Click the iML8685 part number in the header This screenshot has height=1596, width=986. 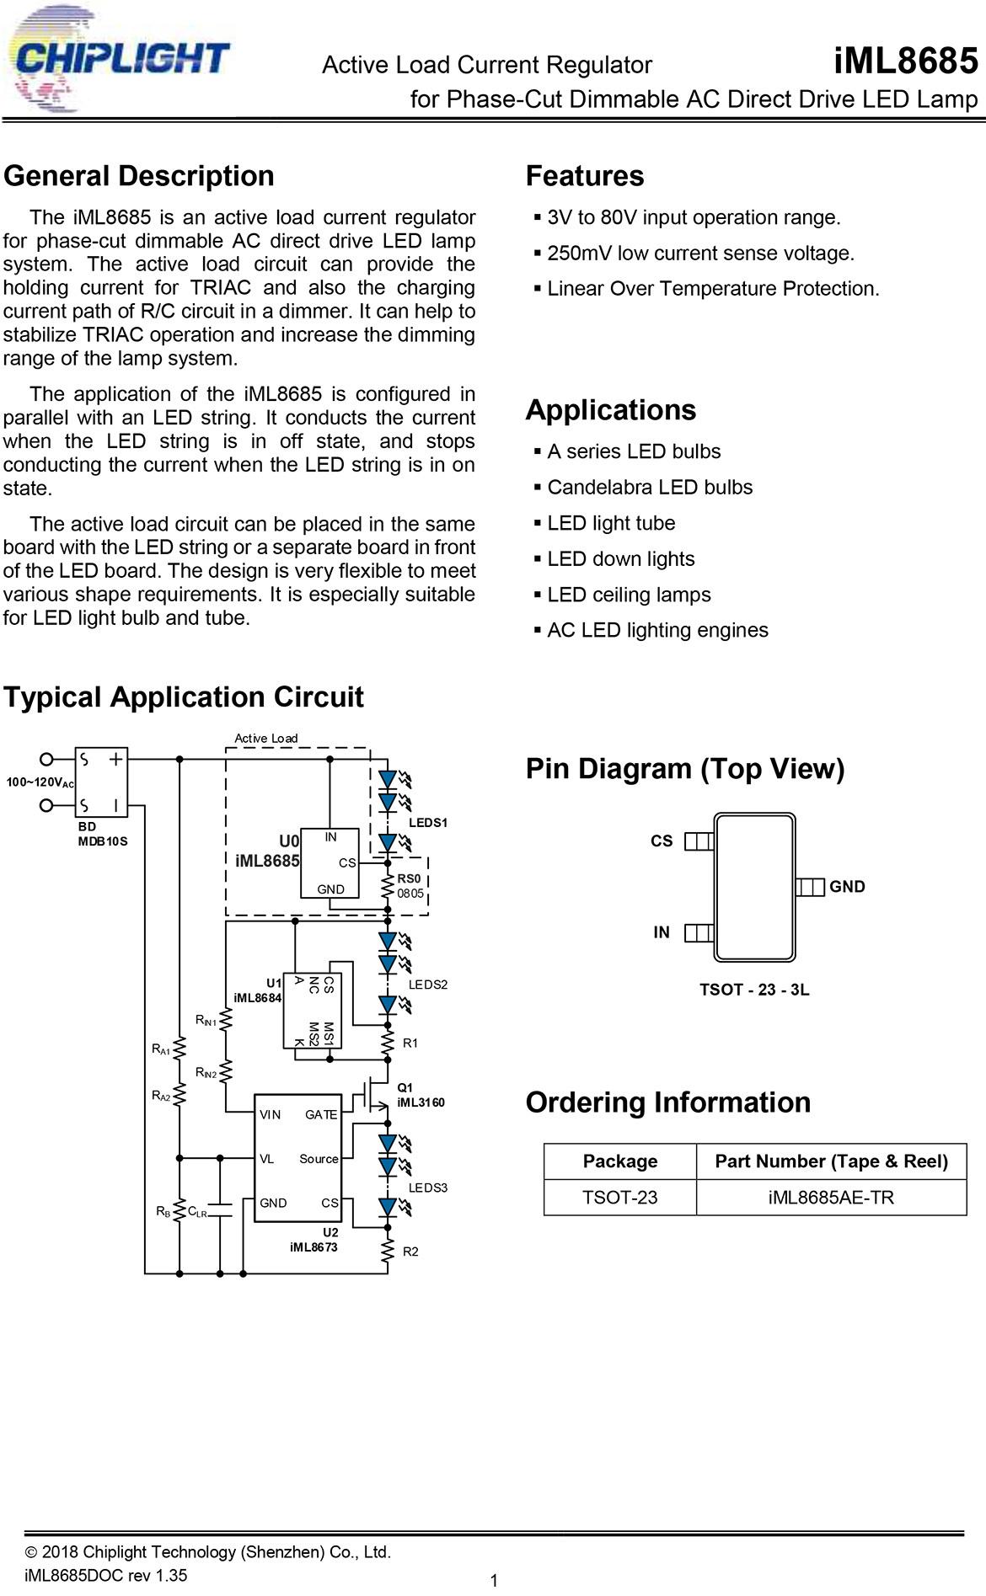click(x=906, y=61)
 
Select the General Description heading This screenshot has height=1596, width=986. click(x=139, y=176)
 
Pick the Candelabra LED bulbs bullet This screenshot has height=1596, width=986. click(x=643, y=488)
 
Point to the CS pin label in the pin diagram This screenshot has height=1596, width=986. click(x=662, y=841)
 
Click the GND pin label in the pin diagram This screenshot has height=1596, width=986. click(x=847, y=887)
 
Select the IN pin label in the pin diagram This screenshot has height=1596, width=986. click(x=662, y=932)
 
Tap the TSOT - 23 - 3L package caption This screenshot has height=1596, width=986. click(x=754, y=990)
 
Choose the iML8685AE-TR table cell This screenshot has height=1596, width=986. click(x=831, y=1198)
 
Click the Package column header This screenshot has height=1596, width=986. click(x=620, y=1162)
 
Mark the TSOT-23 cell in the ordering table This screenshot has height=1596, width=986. click(x=620, y=1198)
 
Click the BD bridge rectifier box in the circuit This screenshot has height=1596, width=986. click(x=102, y=782)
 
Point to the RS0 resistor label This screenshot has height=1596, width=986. click(x=410, y=878)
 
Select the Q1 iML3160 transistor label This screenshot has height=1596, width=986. click(x=421, y=1095)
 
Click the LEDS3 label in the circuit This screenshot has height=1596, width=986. click(x=428, y=1188)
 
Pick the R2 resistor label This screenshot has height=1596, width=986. click(x=410, y=1252)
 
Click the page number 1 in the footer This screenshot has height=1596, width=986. click(x=494, y=1581)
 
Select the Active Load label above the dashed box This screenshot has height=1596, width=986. click(x=266, y=739)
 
